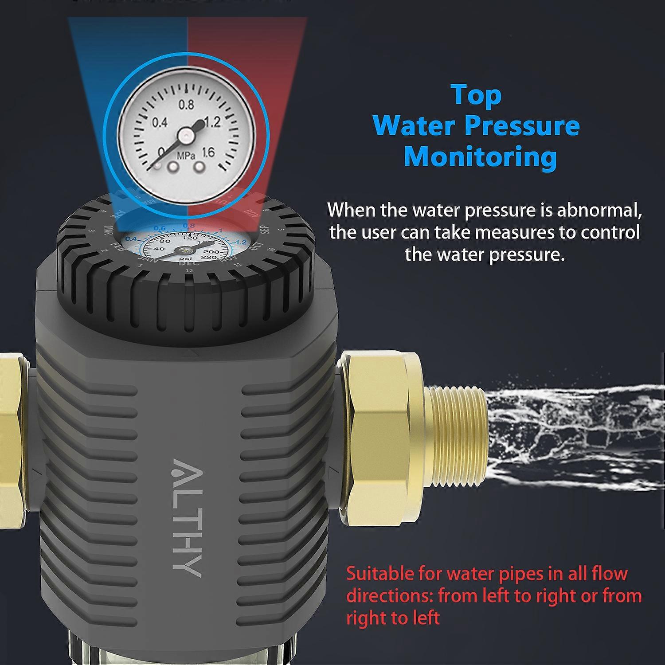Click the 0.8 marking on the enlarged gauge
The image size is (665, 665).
tap(186, 105)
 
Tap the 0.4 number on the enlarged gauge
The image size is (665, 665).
tap(159, 122)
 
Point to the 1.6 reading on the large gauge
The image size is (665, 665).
tap(207, 153)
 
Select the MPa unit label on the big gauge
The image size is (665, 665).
tap(186, 156)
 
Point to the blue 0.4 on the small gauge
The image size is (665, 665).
tap(131, 239)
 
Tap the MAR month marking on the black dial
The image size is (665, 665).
tap(107, 231)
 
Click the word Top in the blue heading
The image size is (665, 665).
tap(476, 95)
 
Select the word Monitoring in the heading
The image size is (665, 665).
tap(481, 157)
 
